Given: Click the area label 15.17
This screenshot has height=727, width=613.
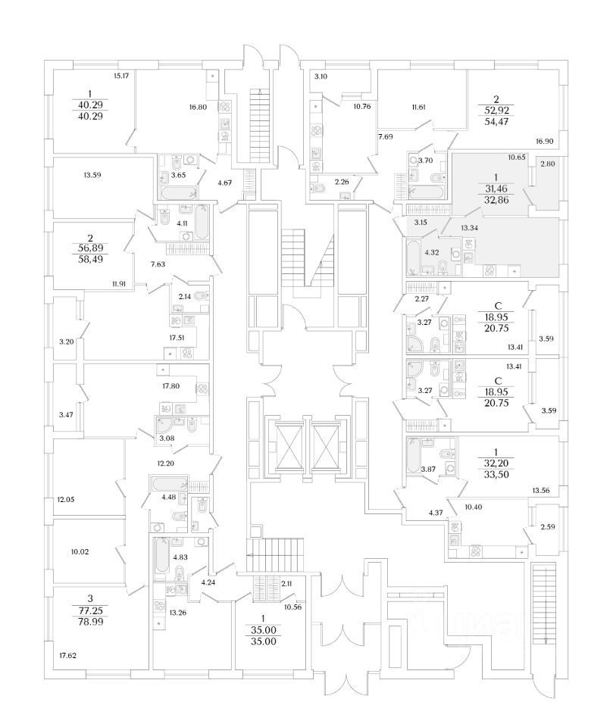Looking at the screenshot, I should coord(120,76).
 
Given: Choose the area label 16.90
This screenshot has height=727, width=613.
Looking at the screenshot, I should coord(545,141).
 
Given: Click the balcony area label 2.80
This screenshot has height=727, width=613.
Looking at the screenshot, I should coord(548,162).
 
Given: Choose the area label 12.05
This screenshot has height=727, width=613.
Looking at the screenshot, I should coord(68,501).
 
